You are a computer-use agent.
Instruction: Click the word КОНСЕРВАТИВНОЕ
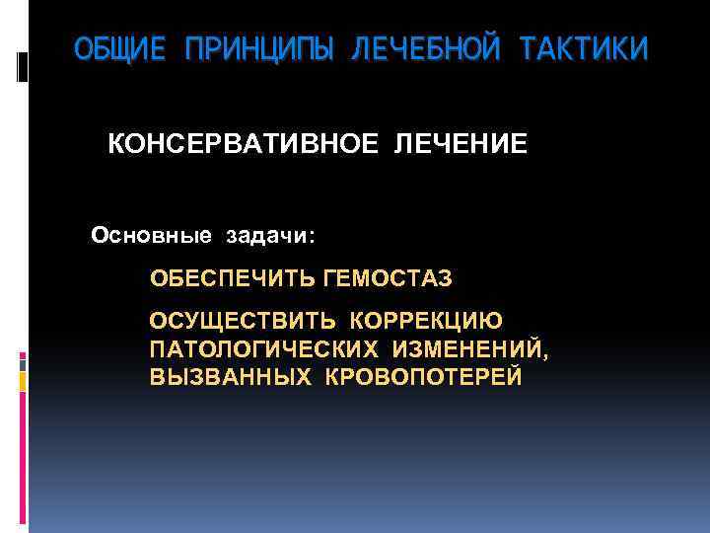coord(242,145)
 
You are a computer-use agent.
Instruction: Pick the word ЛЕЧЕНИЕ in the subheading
coord(461,145)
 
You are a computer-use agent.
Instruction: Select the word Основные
coord(151,236)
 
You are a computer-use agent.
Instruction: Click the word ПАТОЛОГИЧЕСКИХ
coord(263,349)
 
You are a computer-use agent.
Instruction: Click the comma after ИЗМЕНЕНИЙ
coord(545,355)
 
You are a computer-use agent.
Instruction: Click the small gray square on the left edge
coord(23,362)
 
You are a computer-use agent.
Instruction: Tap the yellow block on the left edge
coord(23,381)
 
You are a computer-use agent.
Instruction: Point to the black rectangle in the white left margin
coord(22,67)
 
